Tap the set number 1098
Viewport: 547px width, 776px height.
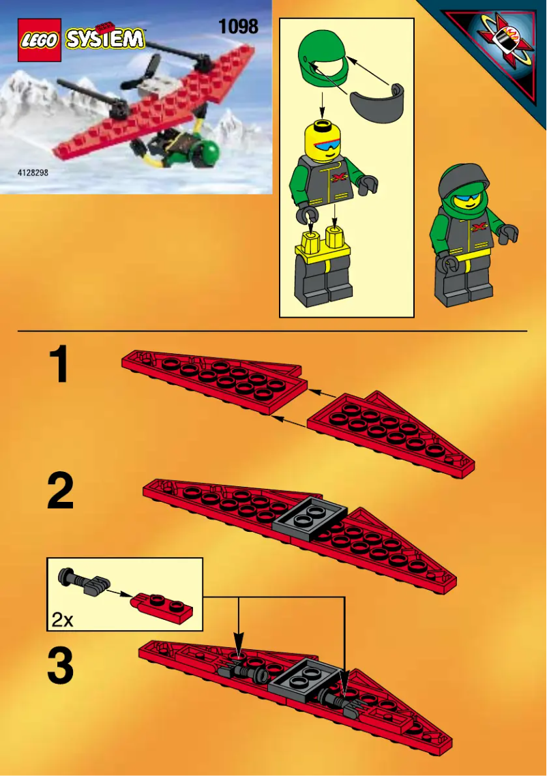238,27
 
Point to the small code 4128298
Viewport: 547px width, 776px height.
33,173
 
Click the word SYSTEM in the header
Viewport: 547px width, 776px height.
106,39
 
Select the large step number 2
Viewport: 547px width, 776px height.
60,494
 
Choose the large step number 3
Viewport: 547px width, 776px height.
60,668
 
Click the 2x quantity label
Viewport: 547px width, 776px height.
62,619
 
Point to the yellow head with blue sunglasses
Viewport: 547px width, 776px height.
325,140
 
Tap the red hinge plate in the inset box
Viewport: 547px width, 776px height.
162,602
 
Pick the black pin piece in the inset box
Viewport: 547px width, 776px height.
85,580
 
